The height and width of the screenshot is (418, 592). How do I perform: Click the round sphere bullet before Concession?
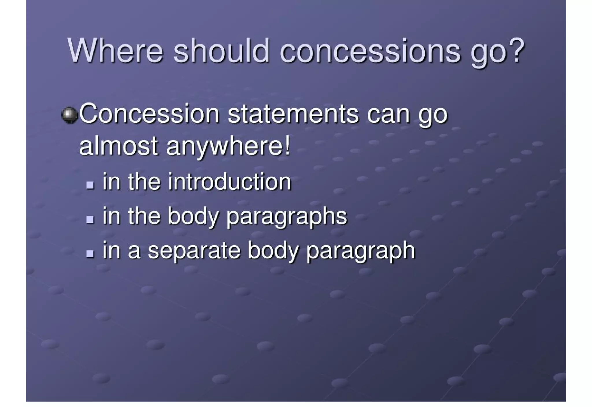(70, 115)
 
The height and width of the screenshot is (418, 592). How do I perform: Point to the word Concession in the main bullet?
(149, 114)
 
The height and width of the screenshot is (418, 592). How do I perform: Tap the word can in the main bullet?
(388, 114)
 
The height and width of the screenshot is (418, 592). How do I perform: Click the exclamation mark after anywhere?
(287, 146)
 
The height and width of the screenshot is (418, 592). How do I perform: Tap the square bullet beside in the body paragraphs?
(90, 219)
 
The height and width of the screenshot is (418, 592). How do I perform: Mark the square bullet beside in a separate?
(90, 254)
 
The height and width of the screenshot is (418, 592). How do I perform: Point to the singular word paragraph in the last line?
(360, 251)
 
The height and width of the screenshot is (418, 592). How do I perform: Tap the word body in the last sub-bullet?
(273, 251)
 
